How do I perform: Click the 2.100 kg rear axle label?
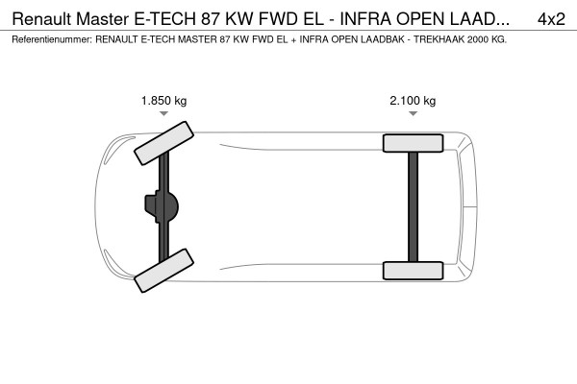tap(413, 101)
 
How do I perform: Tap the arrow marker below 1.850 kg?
tap(163, 114)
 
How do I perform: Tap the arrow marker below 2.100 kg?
tap(413, 114)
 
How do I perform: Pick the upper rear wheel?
tap(413, 143)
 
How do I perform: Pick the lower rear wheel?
tap(413, 270)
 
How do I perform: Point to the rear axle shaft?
tap(413, 206)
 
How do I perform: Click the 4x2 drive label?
tap(551, 18)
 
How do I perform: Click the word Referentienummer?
tap(47, 39)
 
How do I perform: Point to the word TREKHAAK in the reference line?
tap(433, 39)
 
